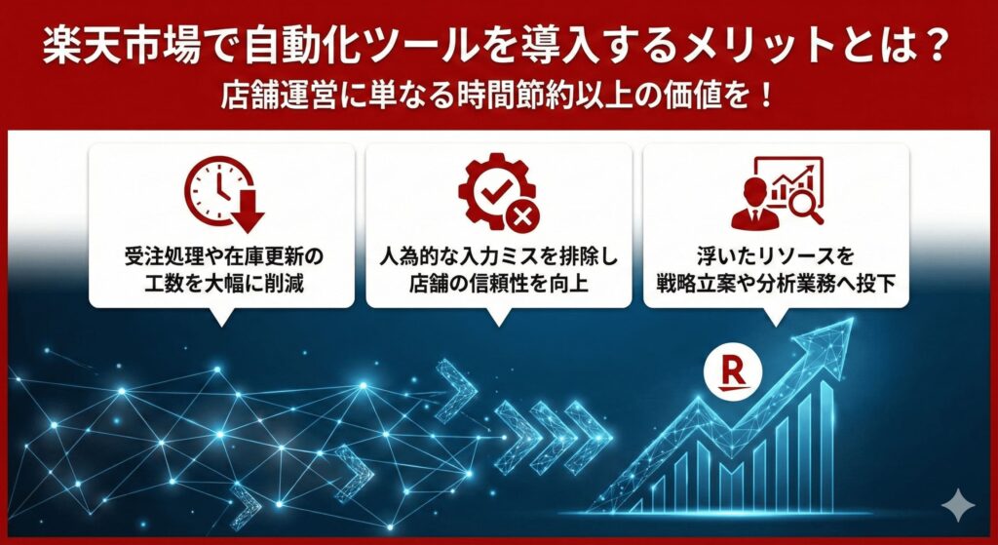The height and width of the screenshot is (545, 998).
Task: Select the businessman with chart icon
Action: pyautogui.click(x=777, y=192)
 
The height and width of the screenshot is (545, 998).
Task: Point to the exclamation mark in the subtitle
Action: pyautogui.click(x=767, y=99)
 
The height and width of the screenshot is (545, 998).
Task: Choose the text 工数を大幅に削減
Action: pyautogui.click(x=223, y=286)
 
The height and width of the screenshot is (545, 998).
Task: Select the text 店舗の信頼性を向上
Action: pyautogui.click(x=499, y=286)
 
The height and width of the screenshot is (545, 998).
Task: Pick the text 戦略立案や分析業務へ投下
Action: pyautogui.click(x=776, y=286)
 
